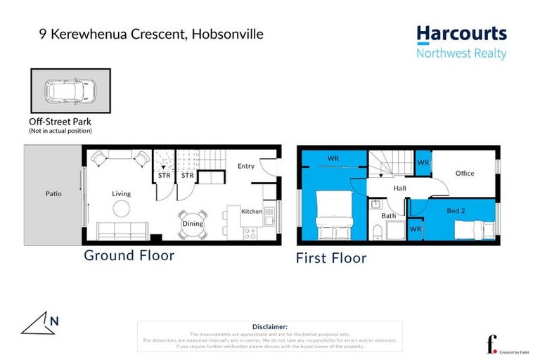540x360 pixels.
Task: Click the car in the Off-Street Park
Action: pyautogui.click(x=70, y=91)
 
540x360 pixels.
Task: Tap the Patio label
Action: pyautogui.click(x=46, y=193)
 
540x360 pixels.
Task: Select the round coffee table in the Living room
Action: pyautogui.click(x=121, y=208)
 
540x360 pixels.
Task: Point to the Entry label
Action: pyautogui.click(x=246, y=166)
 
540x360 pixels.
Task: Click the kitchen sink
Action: pyautogui.click(x=269, y=199)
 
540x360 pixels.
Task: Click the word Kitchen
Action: pyautogui.click(x=251, y=211)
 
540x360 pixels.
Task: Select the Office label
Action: pyautogui.click(x=465, y=173)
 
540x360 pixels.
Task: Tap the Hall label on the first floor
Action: pyautogui.click(x=399, y=188)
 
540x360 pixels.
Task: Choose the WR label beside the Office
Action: pyautogui.click(x=423, y=162)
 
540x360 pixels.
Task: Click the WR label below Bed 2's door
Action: pyautogui.click(x=415, y=229)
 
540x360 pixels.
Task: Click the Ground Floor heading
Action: pyautogui.click(x=129, y=255)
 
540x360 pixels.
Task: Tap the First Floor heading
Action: pyautogui.click(x=331, y=258)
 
